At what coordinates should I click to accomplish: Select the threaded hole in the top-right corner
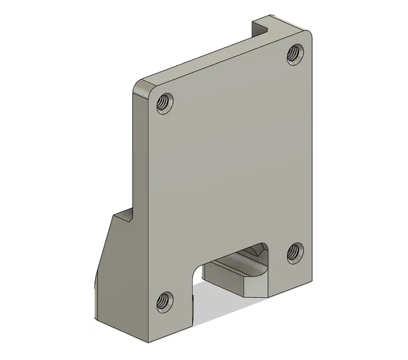(296, 54)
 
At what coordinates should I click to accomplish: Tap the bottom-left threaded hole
(164, 301)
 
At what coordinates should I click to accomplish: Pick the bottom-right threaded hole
(295, 252)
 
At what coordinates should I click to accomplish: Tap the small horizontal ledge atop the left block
(122, 218)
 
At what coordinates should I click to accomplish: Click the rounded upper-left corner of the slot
(199, 267)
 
